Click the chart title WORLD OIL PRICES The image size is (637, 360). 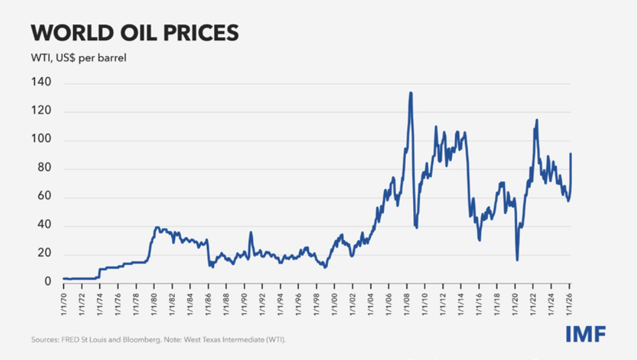pyautogui.click(x=134, y=33)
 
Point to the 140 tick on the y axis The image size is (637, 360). pyautogui.click(x=42, y=83)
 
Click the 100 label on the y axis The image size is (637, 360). pyautogui.click(x=42, y=140)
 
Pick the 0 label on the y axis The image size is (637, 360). pyautogui.click(x=47, y=282)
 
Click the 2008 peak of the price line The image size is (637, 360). pyautogui.click(x=411, y=93)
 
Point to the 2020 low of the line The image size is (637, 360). pyautogui.click(x=517, y=260)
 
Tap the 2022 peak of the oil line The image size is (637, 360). pyautogui.click(x=537, y=120)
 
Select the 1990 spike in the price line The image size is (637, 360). pyautogui.click(x=250, y=232)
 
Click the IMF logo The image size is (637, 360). pyautogui.click(x=585, y=334)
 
